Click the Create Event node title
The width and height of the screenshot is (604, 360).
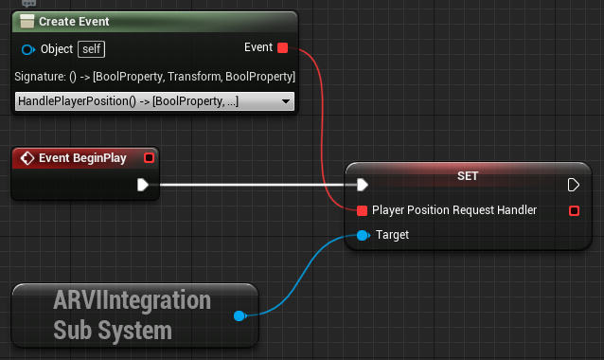[74, 22]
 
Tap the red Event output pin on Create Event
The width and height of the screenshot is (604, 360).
[282, 47]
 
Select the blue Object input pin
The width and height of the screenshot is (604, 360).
[27, 48]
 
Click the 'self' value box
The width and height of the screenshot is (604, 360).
[92, 48]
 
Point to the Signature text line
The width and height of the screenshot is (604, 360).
[155, 76]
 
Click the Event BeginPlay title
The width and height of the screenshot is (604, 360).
[82, 158]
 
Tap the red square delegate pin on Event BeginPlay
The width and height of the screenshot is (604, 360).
[148, 158]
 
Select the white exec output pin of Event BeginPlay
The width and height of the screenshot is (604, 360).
[143, 185]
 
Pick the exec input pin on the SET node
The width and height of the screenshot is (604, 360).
[362, 185]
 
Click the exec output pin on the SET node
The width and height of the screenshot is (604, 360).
[573, 185]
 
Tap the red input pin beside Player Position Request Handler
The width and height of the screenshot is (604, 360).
[362, 210]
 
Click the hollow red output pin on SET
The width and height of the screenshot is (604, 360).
[574, 210]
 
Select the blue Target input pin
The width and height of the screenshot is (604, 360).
[362, 235]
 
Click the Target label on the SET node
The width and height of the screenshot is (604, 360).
[392, 235]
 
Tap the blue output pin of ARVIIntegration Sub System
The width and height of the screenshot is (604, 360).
[240, 316]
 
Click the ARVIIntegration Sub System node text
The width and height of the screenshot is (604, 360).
[132, 315]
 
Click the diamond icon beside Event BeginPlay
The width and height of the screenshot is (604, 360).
[27, 158]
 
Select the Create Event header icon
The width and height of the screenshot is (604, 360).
[27, 22]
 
